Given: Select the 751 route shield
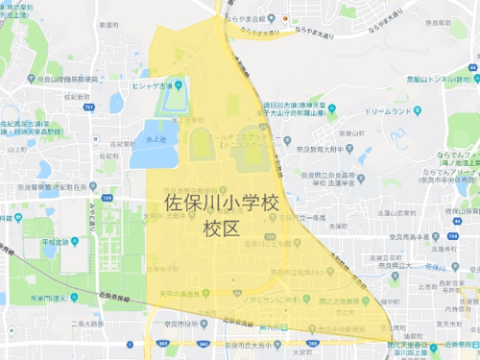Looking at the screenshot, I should click(x=88, y=108).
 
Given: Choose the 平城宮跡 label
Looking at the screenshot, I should click(x=56, y=243).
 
